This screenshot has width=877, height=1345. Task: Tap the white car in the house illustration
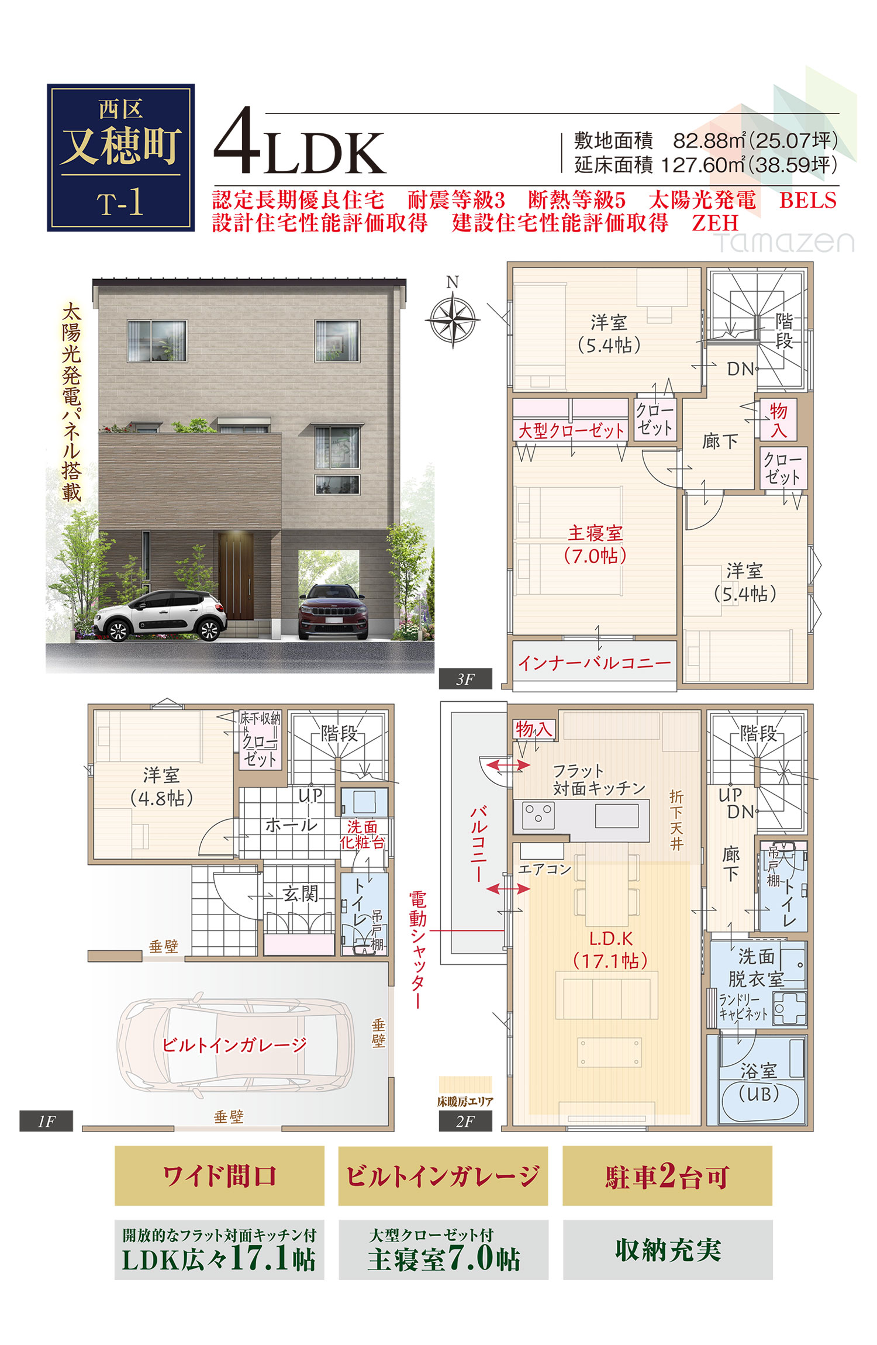point(160,615)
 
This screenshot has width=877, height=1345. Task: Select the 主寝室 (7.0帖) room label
point(595,544)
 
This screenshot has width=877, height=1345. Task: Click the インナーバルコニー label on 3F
point(594,663)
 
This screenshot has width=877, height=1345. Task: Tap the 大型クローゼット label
point(571,431)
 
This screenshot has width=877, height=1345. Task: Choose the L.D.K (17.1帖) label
point(610,950)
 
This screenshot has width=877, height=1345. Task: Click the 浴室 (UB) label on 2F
point(759,1082)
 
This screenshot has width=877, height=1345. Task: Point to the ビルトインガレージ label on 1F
point(234,1044)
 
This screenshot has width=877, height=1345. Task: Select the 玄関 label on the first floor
point(301,893)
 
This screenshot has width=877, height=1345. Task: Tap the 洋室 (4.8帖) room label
point(161,787)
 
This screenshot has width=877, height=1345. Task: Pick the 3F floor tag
point(465,679)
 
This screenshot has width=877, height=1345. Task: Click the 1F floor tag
point(46,1121)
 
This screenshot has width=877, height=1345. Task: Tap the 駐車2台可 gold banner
point(667,1176)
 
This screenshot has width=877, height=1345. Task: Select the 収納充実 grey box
point(668,1250)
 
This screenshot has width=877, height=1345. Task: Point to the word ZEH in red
point(715,223)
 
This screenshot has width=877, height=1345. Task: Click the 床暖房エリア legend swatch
point(465,1085)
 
